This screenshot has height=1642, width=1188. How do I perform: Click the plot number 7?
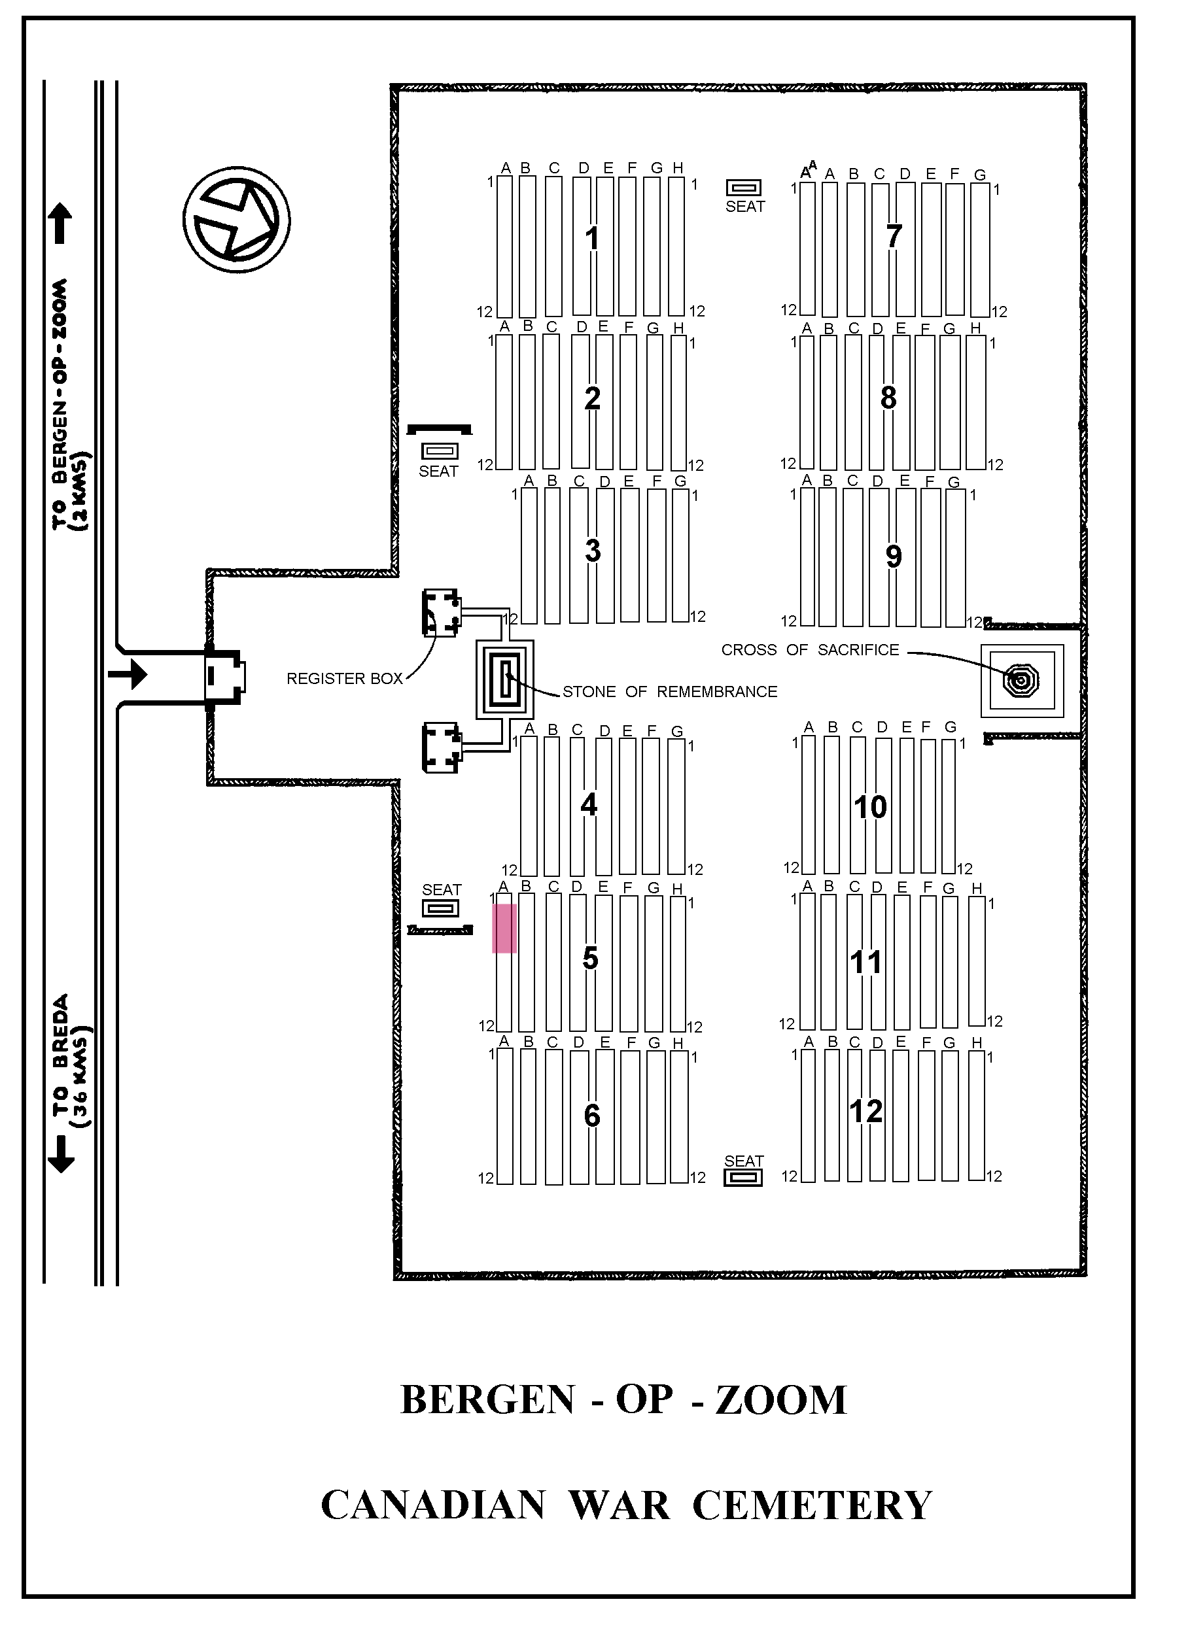894,237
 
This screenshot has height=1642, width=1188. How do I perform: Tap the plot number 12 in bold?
866,1111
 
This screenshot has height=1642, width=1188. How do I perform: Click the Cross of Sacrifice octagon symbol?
1021,681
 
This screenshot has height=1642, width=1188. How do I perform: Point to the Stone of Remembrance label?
669,692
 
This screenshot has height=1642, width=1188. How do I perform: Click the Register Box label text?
344,679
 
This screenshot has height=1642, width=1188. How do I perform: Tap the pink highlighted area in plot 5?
504,928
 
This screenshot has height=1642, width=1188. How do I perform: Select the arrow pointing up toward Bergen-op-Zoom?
60,223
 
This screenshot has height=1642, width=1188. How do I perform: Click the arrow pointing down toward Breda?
61,1154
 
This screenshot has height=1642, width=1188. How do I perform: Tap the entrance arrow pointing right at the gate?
128,676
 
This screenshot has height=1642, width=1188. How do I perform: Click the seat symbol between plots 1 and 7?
744,188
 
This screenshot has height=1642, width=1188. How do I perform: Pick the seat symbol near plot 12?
743,1178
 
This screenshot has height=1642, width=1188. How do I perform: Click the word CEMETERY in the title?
812,1507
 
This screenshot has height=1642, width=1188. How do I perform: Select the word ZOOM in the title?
781,1400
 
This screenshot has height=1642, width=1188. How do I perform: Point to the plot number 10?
870,807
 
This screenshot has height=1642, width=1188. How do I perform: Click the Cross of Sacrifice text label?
810,650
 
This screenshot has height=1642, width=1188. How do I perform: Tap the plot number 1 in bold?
593,238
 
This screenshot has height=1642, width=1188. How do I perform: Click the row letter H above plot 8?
976,328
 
